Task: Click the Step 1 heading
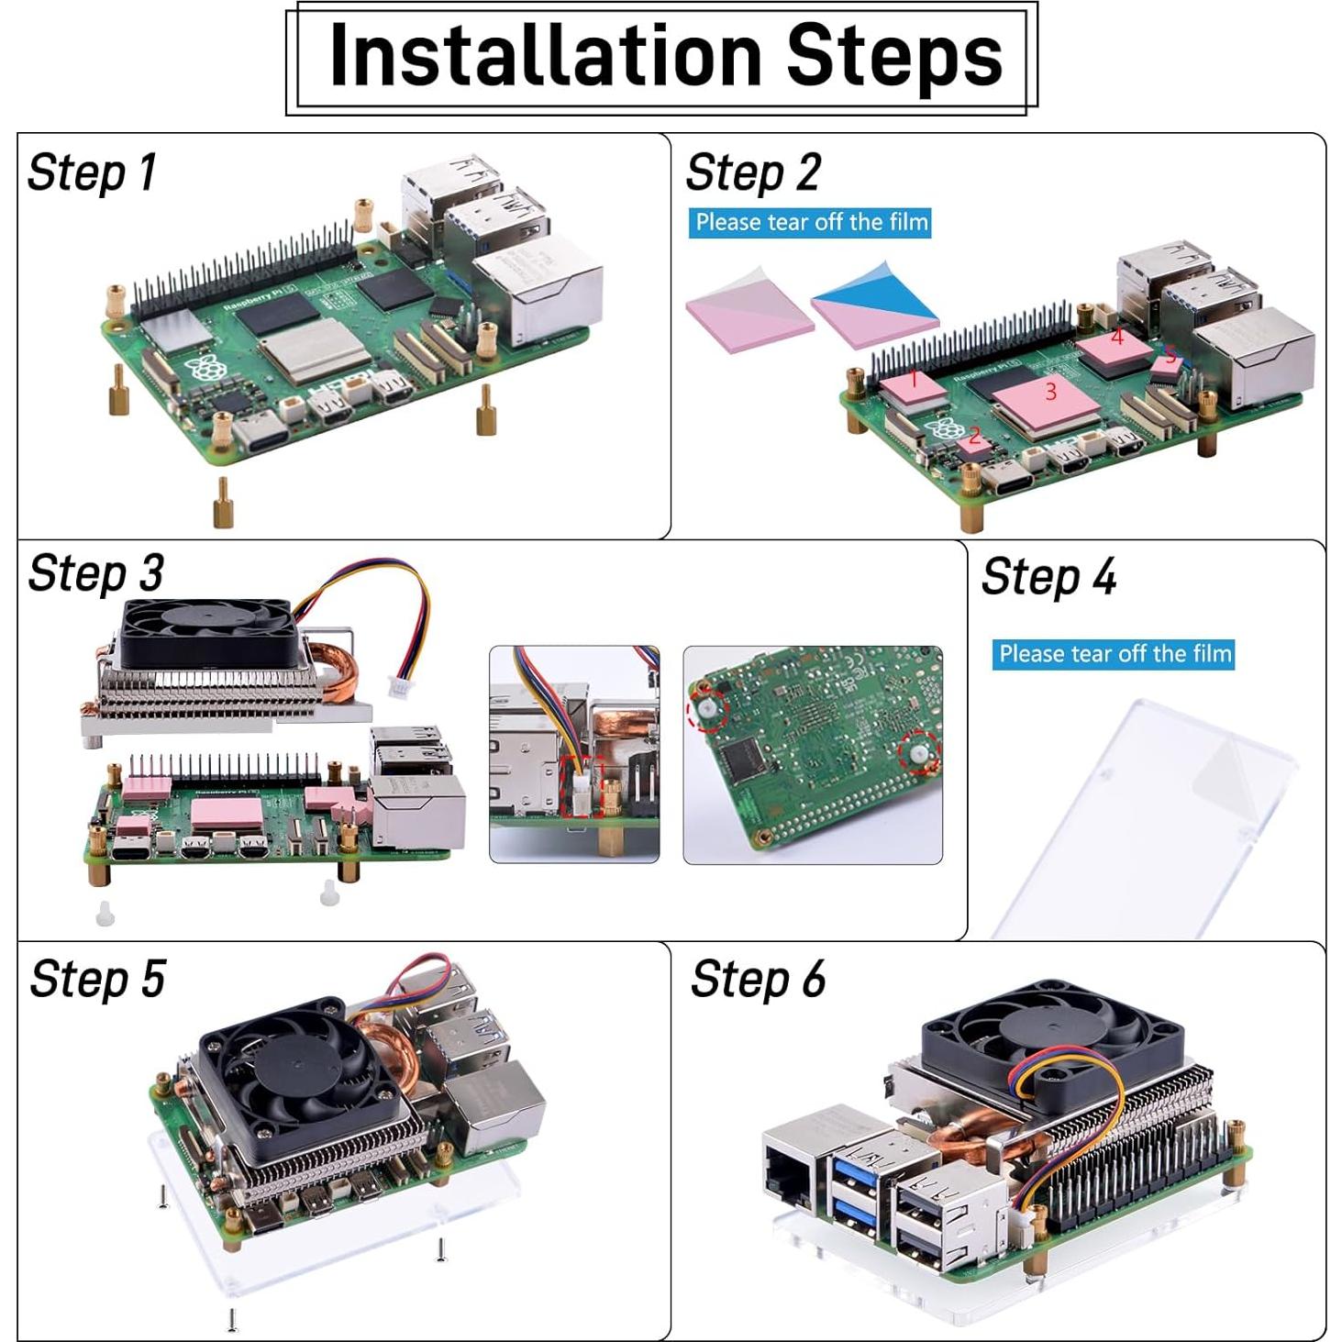click(x=92, y=172)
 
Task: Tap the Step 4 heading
click(x=1048, y=577)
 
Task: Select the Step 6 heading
click(x=758, y=979)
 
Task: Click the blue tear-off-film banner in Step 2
click(x=810, y=223)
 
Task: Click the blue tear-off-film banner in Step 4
click(x=1113, y=654)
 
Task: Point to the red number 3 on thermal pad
click(x=1050, y=392)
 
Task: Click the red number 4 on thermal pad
click(x=1116, y=338)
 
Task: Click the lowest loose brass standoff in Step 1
click(x=222, y=504)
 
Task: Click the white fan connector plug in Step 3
click(x=400, y=687)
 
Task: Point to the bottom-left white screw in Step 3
click(x=105, y=914)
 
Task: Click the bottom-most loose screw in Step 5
click(x=232, y=1319)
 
